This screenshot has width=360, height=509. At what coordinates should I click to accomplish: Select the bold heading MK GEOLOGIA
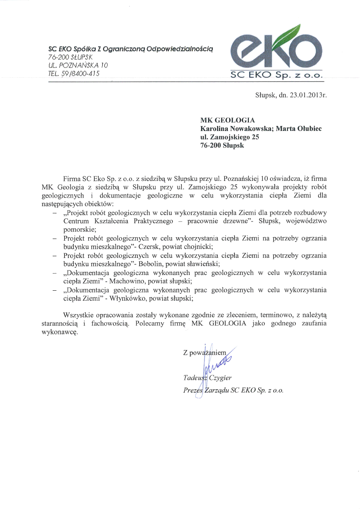(x=228, y=120)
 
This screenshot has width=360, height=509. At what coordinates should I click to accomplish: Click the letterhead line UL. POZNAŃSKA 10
(x=78, y=65)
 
